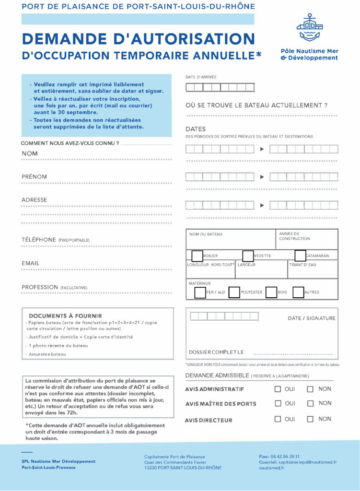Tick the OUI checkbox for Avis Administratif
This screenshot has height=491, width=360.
[278, 389]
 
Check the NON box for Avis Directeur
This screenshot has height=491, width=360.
[310, 419]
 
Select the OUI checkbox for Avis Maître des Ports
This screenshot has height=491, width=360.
[278, 404]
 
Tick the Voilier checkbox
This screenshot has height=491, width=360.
[197, 256]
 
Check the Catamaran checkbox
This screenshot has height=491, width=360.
[300, 256]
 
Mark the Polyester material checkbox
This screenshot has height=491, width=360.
[234, 292]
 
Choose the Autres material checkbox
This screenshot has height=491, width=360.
[298, 292]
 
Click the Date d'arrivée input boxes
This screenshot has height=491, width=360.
[220, 87]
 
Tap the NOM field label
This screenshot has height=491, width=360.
[30, 153]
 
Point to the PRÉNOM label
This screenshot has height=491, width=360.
[34, 177]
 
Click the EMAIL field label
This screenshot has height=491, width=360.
[31, 263]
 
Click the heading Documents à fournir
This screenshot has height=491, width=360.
[65, 316]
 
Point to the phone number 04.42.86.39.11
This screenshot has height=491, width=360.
[286, 456]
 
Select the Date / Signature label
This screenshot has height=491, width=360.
[312, 318]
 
